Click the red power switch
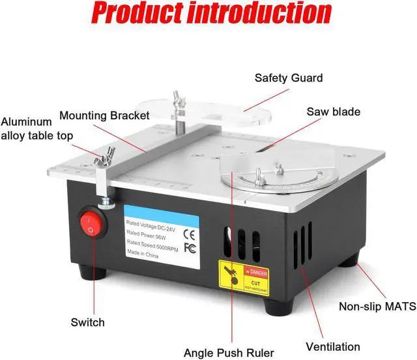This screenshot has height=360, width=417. point(91,225)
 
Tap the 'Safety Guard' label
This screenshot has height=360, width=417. point(288,78)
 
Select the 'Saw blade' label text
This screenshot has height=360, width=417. point(333,112)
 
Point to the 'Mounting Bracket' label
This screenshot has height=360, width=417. point(104,116)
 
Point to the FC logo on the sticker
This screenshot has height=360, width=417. point(190,247)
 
